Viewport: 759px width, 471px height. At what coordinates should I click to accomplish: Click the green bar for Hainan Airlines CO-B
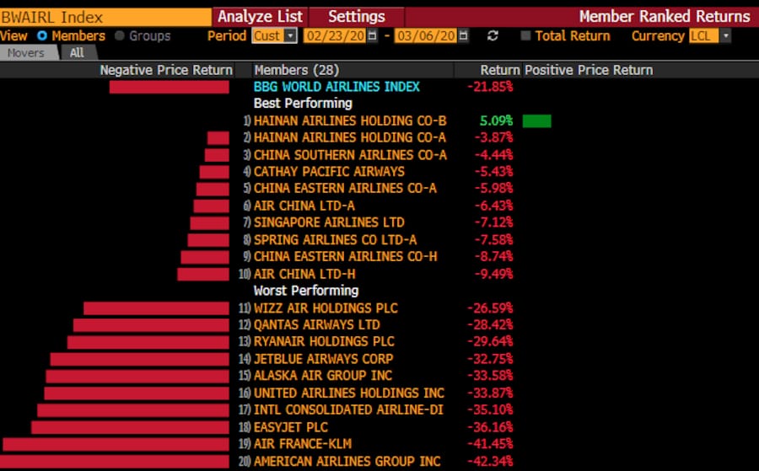click(536, 121)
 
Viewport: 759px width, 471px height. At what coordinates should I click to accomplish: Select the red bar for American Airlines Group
click(115, 462)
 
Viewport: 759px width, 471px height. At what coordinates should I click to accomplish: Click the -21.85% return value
click(490, 87)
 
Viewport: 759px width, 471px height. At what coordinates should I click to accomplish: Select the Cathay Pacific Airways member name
click(329, 172)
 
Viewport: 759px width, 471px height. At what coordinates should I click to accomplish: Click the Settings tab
click(356, 17)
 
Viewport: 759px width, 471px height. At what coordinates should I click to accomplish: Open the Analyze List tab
click(260, 17)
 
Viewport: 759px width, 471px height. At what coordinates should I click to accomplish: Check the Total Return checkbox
click(526, 36)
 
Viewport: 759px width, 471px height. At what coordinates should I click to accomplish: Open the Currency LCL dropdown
click(709, 36)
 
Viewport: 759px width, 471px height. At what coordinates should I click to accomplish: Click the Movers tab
click(28, 52)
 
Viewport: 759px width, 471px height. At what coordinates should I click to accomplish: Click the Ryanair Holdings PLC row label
click(324, 342)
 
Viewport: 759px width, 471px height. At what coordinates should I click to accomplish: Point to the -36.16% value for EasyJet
click(490, 427)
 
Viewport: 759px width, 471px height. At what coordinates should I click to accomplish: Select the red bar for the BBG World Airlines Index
click(169, 87)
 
